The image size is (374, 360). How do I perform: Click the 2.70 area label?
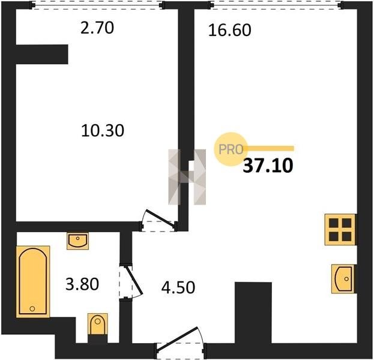click(97, 28)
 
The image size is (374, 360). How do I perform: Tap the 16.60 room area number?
click(230, 30)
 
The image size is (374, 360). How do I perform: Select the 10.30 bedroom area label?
click(103, 131)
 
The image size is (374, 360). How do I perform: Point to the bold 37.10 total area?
click(268, 166)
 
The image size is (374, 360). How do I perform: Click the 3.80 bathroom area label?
click(82, 284)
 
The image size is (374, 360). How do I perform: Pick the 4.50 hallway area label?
click(178, 287)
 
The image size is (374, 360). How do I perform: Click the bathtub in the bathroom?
click(33, 282)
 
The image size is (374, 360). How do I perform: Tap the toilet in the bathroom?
click(98, 324)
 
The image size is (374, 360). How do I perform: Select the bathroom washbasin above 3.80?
click(78, 241)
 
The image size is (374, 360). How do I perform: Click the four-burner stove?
click(340, 230)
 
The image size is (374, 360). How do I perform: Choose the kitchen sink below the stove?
click(343, 279)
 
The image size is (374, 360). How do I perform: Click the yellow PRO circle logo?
click(230, 149)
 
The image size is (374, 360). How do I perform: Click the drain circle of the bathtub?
click(32, 308)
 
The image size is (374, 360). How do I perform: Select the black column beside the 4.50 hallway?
click(253, 313)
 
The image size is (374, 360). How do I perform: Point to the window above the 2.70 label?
click(97, 5)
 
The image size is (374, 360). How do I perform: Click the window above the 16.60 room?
click(277, 5)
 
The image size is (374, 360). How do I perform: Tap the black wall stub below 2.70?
click(42, 55)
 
